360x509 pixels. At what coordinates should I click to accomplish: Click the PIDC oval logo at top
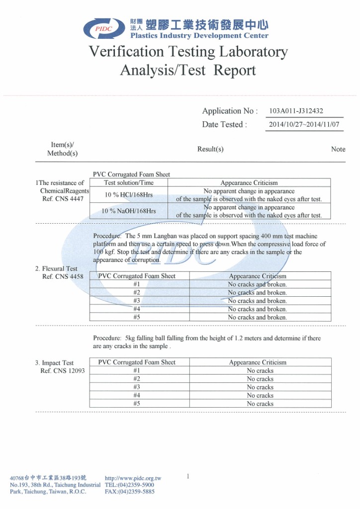(x=104, y=28)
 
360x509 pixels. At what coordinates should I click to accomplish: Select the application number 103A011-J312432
(x=296, y=111)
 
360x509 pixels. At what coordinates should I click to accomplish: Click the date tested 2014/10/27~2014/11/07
(x=304, y=124)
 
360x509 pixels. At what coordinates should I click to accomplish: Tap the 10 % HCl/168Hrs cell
(x=128, y=194)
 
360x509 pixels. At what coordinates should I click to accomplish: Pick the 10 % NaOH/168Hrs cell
(x=128, y=211)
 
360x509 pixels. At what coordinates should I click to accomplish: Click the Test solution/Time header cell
(x=128, y=182)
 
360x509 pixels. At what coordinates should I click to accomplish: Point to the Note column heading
(x=338, y=149)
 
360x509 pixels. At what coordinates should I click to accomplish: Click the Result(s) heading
(x=210, y=149)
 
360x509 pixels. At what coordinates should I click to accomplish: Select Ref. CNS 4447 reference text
(x=63, y=199)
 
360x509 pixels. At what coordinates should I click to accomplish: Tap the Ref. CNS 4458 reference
(x=63, y=276)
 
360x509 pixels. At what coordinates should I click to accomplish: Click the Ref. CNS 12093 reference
(x=63, y=371)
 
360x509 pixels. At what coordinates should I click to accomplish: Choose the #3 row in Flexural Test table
(x=137, y=301)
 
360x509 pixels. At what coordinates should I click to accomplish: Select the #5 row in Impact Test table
(x=137, y=404)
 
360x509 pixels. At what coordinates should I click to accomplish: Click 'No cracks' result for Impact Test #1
(x=260, y=371)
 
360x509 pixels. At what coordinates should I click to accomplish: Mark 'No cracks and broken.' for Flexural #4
(x=257, y=309)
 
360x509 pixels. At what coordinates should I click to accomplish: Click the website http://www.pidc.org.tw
(x=133, y=478)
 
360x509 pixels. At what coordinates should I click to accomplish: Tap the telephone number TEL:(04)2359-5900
(x=130, y=485)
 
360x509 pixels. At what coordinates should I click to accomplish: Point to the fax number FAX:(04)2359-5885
(x=130, y=492)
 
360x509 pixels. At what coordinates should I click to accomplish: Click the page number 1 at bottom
(x=188, y=477)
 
